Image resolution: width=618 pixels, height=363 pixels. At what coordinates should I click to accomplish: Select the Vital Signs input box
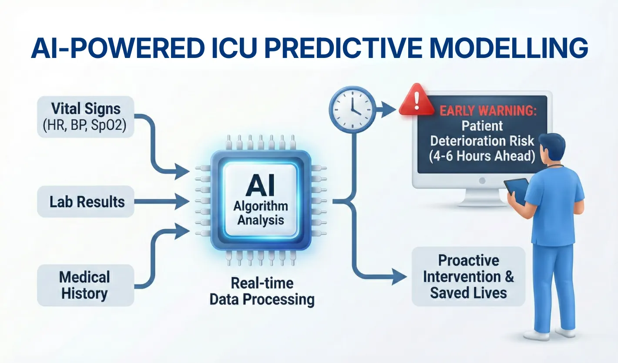[x=85, y=116]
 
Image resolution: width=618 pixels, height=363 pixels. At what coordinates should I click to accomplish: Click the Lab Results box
[x=85, y=202]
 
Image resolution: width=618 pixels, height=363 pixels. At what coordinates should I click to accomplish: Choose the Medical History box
[x=85, y=285]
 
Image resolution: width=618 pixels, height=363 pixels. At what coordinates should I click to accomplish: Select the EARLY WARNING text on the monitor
[x=487, y=110]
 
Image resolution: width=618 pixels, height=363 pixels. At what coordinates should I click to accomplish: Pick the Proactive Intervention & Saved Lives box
[x=468, y=276]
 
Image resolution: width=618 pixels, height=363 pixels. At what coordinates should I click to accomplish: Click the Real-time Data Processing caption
[x=262, y=291]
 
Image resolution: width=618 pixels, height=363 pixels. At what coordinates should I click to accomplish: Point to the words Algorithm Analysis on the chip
[x=260, y=213]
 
